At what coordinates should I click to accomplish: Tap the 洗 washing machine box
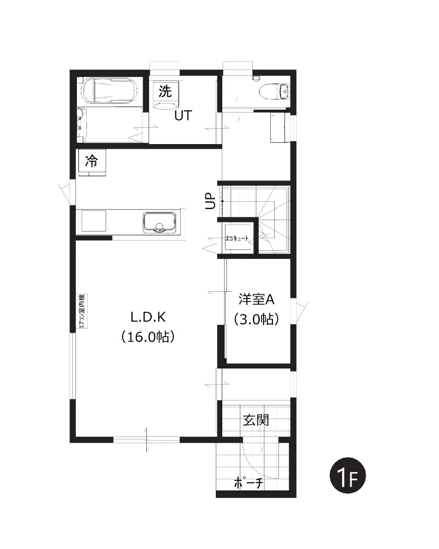pyautogui.click(x=165, y=91)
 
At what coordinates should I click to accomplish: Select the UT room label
pyautogui.click(x=183, y=116)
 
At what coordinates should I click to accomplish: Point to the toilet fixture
pyautogui.click(x=274, y=91)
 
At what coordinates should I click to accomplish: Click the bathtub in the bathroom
pyautogui.click(x=109, y=91)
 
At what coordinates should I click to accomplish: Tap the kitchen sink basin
pyautogui.click(x=160, y=222)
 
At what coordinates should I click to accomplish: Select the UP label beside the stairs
pyautogui.click(x=211, y=201)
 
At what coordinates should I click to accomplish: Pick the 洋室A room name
pyautogui.click(x=257, y=300)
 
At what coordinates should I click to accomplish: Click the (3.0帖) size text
pyautogui.click(x=256, y=319)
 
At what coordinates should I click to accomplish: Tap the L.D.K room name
pyautogui.click(x=148, y=318)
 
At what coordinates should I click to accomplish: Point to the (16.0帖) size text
pyautogui.click(x=148, y=337)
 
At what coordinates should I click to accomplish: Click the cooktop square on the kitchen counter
pyautogui.click(x=94, y=221)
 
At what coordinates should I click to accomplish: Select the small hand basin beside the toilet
pyautogui.click(x=285, y=91)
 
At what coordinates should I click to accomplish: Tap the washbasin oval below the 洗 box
pyautogui.click(x=165, y=106)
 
